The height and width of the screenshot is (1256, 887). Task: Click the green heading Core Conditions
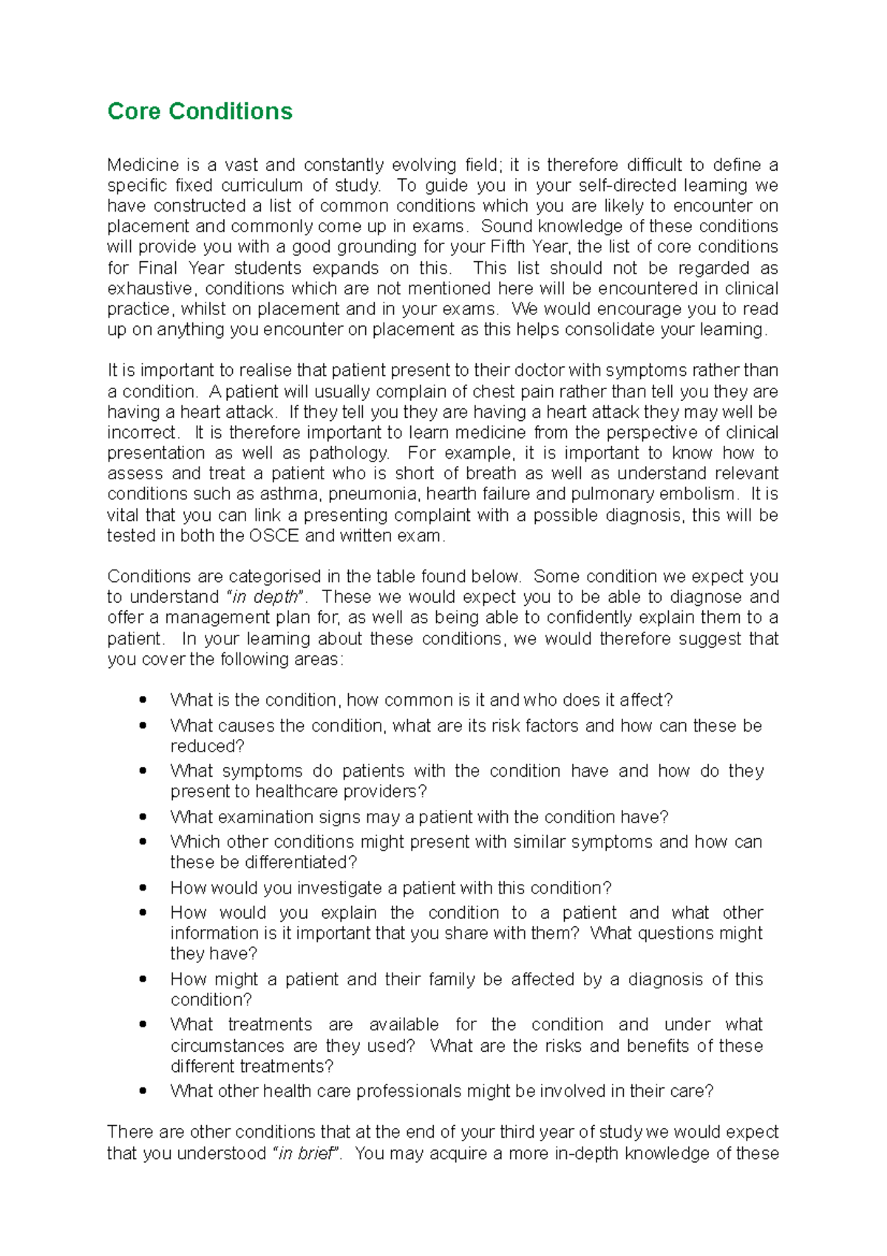click(200, 111)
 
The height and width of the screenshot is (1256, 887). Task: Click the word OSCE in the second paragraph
click(274, 536)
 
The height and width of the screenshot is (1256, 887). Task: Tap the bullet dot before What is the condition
click(143, 700)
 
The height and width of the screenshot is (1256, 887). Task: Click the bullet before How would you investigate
click(143, 888)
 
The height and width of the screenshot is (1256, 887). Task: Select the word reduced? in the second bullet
click(207, 746)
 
